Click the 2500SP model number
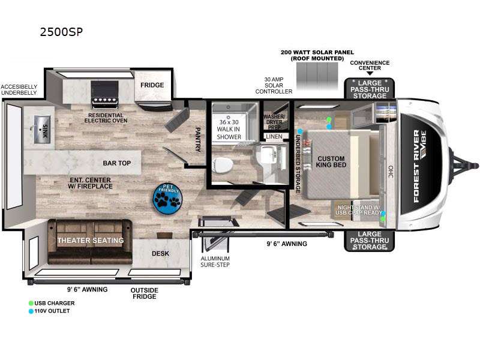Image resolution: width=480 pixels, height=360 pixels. [x=60, y=32]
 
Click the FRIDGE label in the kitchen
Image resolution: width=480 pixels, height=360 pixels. [x=152, y=85]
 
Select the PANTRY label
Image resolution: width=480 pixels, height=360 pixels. [x=199, y=139]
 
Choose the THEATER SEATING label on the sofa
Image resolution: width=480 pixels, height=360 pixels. [x=91, y=241]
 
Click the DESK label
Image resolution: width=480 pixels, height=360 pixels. [x=160, y=253]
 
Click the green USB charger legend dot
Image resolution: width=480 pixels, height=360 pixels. [x=31, y=303]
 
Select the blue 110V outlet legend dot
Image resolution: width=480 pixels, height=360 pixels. [x=31, y=311]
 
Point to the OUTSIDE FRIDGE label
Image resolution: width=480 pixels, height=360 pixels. [x=145, y=293]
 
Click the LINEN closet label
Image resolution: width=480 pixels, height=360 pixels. [x=274, y=137]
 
